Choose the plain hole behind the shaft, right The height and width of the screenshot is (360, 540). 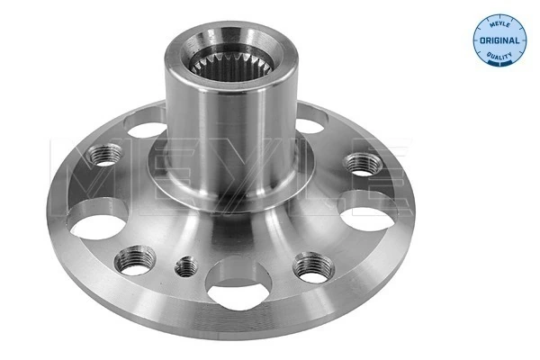click(309, 117)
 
